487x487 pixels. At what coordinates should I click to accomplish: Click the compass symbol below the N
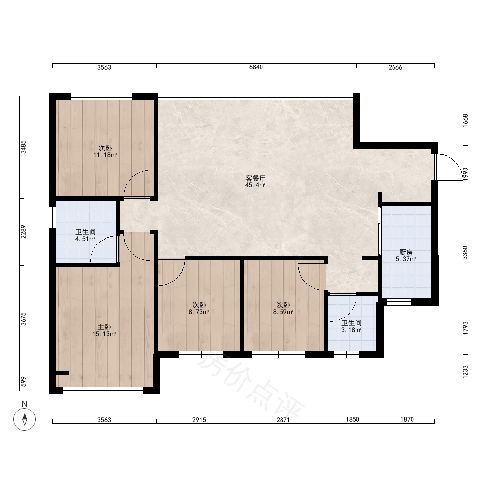24,419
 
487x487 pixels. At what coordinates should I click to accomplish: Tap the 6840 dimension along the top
256,67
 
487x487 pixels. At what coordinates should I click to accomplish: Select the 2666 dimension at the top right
395,67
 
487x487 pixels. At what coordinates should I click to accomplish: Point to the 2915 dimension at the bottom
199,420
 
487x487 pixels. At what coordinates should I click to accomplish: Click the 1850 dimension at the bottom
353,420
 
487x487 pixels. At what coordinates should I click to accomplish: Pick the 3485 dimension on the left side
23,147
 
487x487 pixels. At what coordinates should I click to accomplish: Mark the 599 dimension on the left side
23,382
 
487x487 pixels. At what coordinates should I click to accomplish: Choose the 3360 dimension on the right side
465,253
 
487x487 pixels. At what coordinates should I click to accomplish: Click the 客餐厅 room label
256,178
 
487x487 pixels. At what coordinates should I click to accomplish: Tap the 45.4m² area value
256,185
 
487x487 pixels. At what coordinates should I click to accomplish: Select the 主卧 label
104,327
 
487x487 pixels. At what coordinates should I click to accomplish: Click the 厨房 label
406,252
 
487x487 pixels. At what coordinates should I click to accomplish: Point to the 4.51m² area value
85,239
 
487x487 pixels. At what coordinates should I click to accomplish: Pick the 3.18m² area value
351,330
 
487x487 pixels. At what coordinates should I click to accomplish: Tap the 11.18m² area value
105,155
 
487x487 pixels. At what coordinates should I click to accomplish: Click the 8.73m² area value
199,312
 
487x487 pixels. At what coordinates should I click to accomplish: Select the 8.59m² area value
283,312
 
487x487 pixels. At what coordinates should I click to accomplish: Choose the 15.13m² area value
104,334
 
